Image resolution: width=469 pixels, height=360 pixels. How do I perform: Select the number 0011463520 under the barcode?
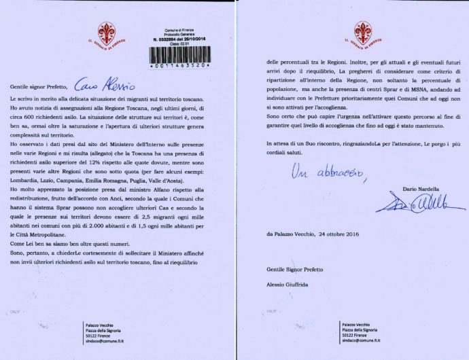pyautogui.click(x=178, y=69)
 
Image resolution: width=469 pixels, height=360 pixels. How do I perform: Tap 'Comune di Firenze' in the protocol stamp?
pyautogui.click(x=177, y=31)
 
